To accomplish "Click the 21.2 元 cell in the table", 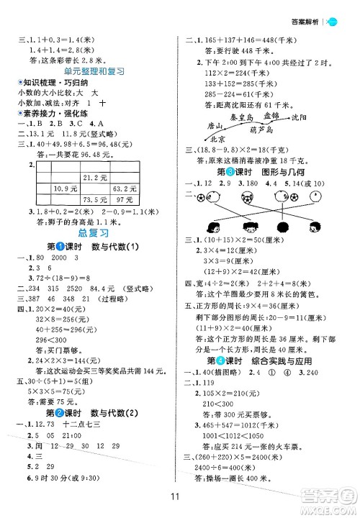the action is pyautogui.click(x=91, y=178).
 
